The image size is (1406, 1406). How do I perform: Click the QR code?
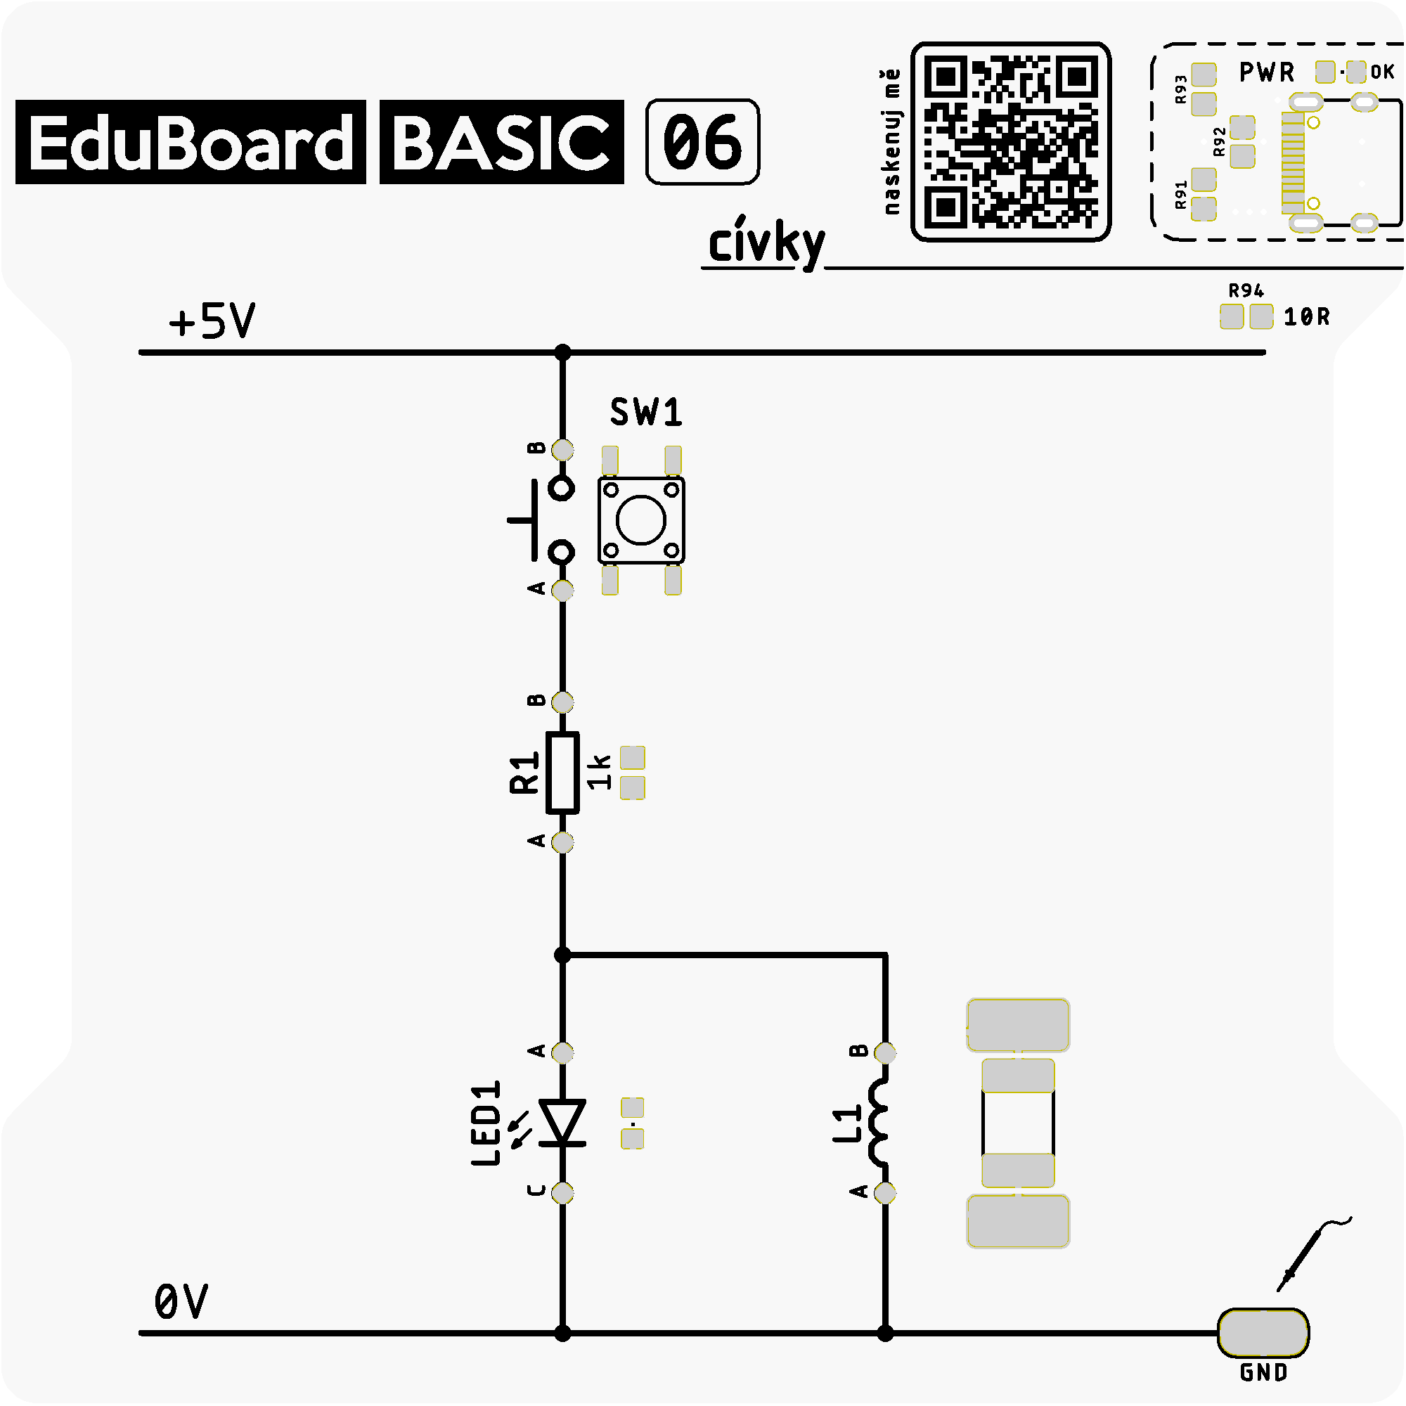coord(1011,141)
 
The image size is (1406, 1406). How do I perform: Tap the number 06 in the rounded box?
coord(702,142)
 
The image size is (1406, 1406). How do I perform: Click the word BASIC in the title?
coord(501,142)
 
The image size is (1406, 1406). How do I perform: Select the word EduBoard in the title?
coord(191,142)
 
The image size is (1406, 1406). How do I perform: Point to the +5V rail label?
coord(212,321)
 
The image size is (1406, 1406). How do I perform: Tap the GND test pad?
coord(1263,1332)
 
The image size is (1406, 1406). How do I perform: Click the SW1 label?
coord(646,413)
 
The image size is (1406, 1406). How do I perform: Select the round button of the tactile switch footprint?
coord(641,520)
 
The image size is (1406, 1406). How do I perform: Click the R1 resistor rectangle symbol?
coord(562,773)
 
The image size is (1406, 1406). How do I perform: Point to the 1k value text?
coord(599,772)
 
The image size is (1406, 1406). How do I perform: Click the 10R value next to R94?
coord(1306,316)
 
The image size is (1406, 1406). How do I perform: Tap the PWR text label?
coord(1267,72)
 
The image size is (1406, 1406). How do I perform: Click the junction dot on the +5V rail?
coord(562,353)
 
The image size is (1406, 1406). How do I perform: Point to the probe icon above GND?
coord(1314,1254)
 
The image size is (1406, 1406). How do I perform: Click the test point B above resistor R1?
coord(562,702)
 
